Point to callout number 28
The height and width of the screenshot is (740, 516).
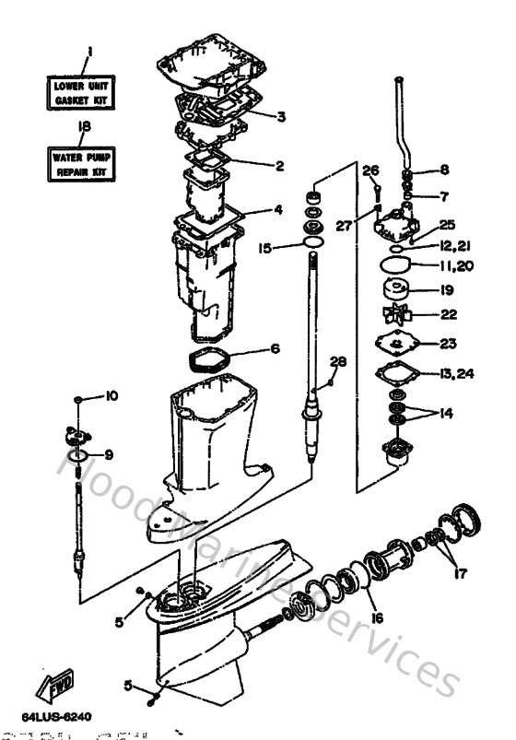point(338,361)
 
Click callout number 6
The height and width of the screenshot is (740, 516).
point(275,349)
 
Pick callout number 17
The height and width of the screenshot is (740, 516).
point(460,572)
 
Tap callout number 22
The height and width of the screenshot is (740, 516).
point(448,314)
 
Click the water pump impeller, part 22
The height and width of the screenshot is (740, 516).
point(399,314)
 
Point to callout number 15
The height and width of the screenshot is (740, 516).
point(265,247)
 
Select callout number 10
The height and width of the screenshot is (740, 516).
point(111,396)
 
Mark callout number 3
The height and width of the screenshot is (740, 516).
point(281,116)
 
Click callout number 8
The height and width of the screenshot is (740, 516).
point(444,170)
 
